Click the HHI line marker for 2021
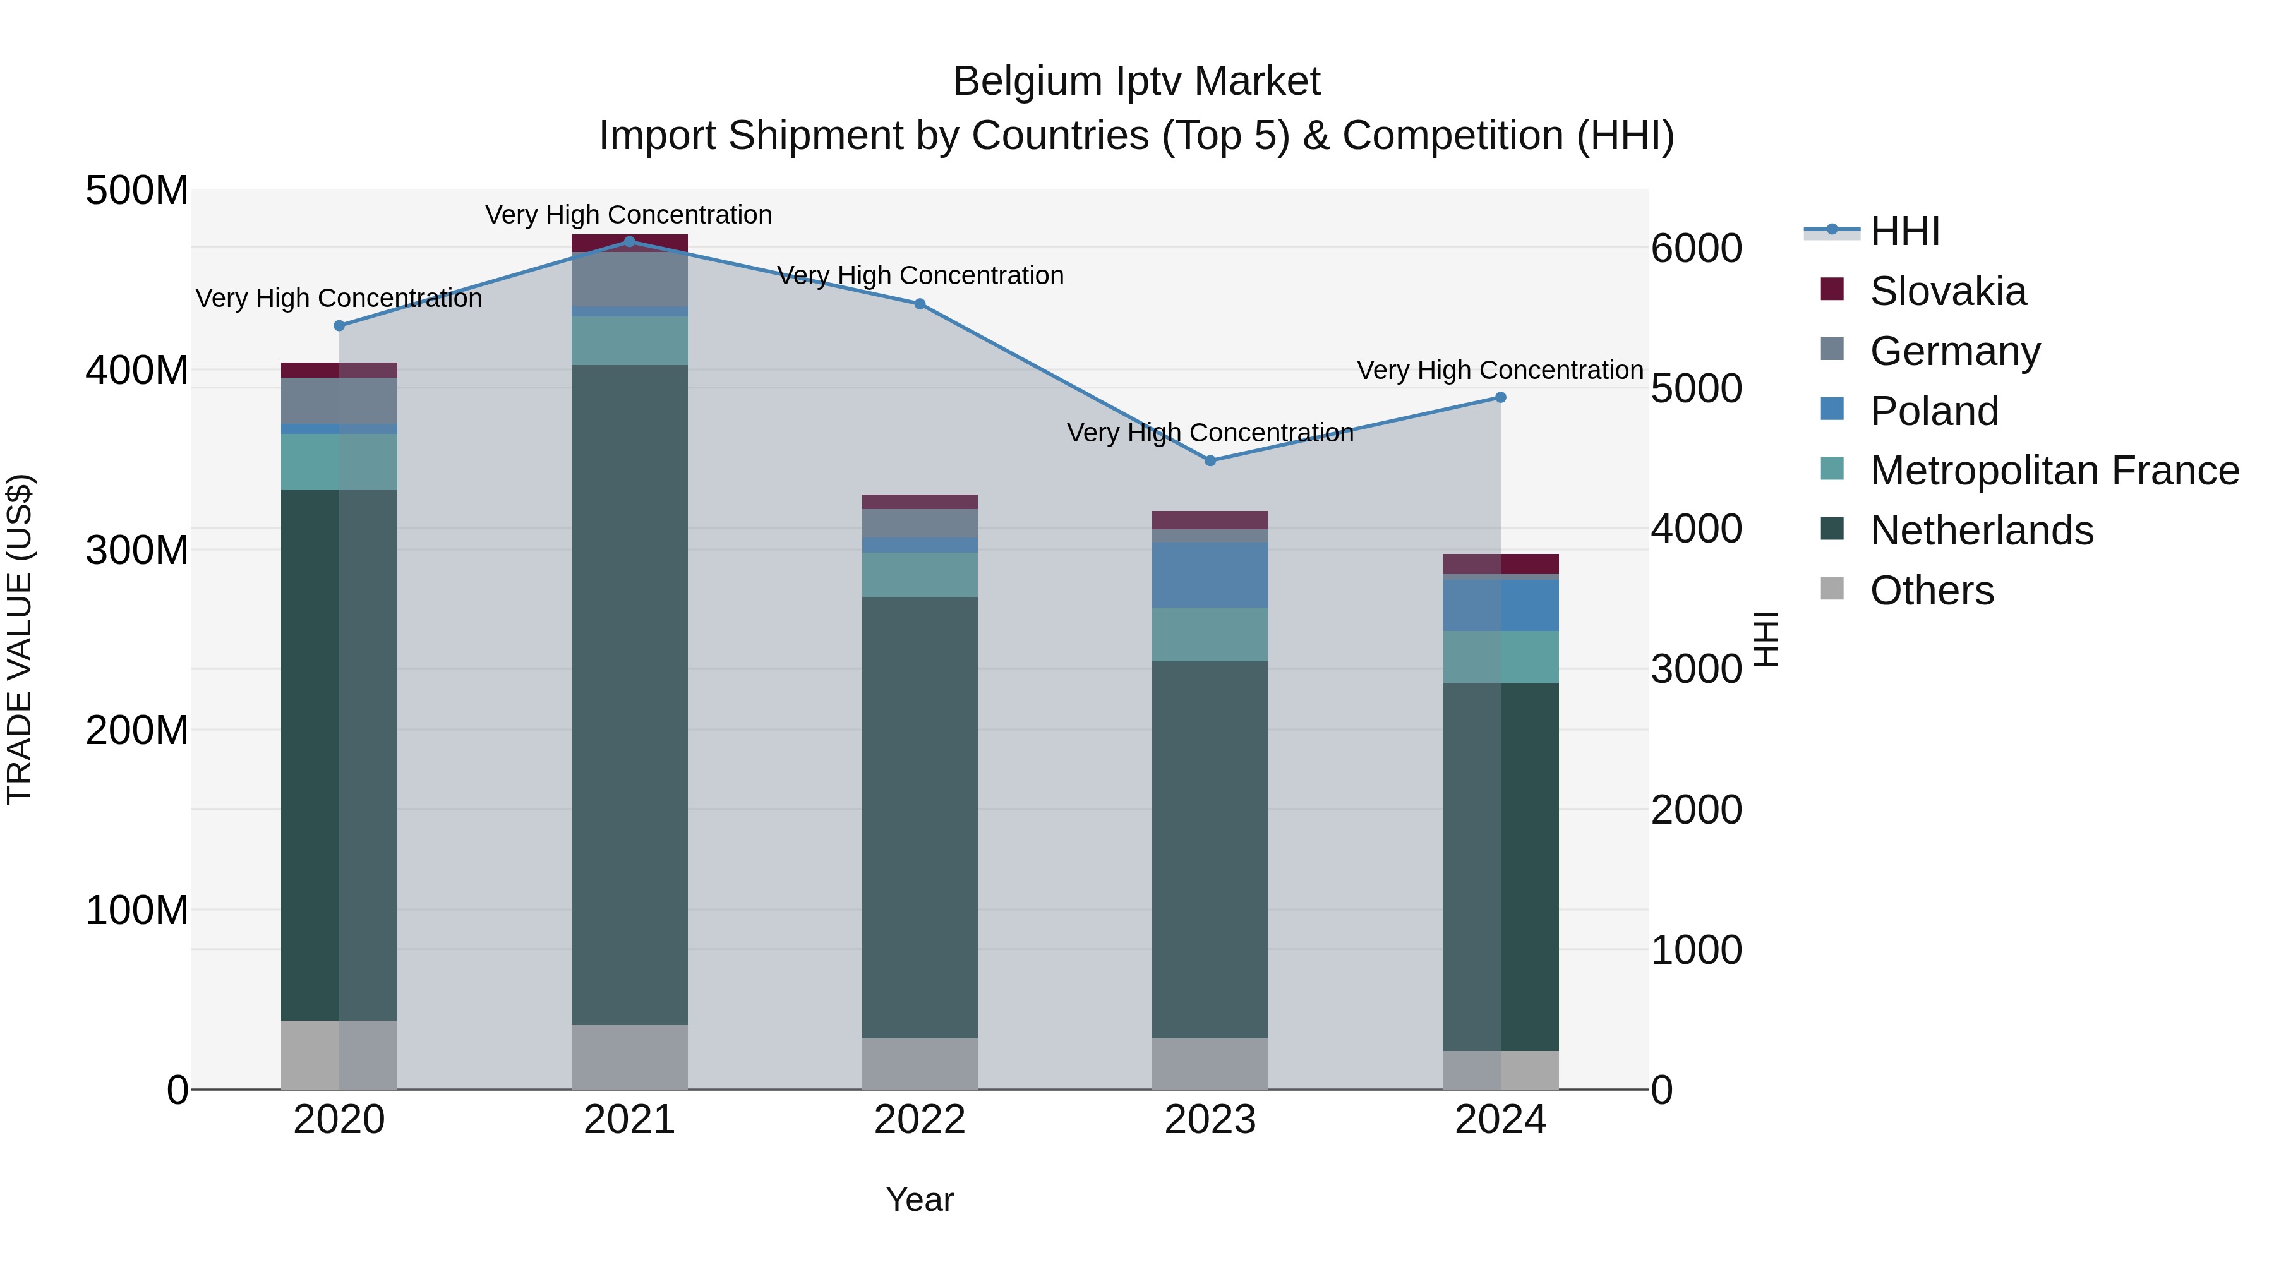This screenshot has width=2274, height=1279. coord(629,241)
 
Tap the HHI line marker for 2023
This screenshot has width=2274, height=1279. coord(1210,461)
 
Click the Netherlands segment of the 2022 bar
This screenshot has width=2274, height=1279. coord(920,817)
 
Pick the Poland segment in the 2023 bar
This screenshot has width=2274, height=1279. coord(1210,575)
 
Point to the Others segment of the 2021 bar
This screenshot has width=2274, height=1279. coord(629,1057)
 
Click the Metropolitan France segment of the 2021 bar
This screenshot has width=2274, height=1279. coord(629,340)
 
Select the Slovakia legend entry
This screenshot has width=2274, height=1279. coord(1947,291)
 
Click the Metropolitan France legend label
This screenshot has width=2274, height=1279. coord(2054,471)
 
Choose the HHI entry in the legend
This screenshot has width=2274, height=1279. coord(1904,231)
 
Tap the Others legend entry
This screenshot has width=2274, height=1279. coord(1932,591)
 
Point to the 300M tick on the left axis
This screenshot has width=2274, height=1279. coord(137,550)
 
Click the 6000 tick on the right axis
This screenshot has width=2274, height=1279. coord(1696,248)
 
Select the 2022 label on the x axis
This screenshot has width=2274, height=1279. coord(920,1120)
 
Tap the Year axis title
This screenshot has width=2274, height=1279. coord(920,1199)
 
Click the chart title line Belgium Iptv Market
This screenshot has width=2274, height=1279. coord(1136,81)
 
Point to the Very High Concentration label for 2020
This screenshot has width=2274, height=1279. coord(339,298)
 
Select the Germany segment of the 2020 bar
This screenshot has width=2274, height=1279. coord(339,400)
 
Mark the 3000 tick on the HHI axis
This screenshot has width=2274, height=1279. coord(1696,669)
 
